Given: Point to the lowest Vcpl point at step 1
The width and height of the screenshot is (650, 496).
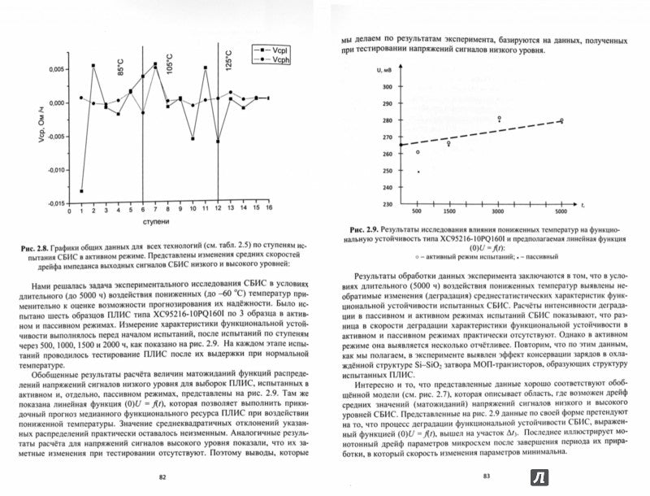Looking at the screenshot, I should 81,190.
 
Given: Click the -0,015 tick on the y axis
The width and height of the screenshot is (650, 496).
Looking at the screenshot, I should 58,204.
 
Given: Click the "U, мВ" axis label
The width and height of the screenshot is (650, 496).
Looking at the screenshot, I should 386,72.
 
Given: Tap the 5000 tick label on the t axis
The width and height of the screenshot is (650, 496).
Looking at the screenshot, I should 560,211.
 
